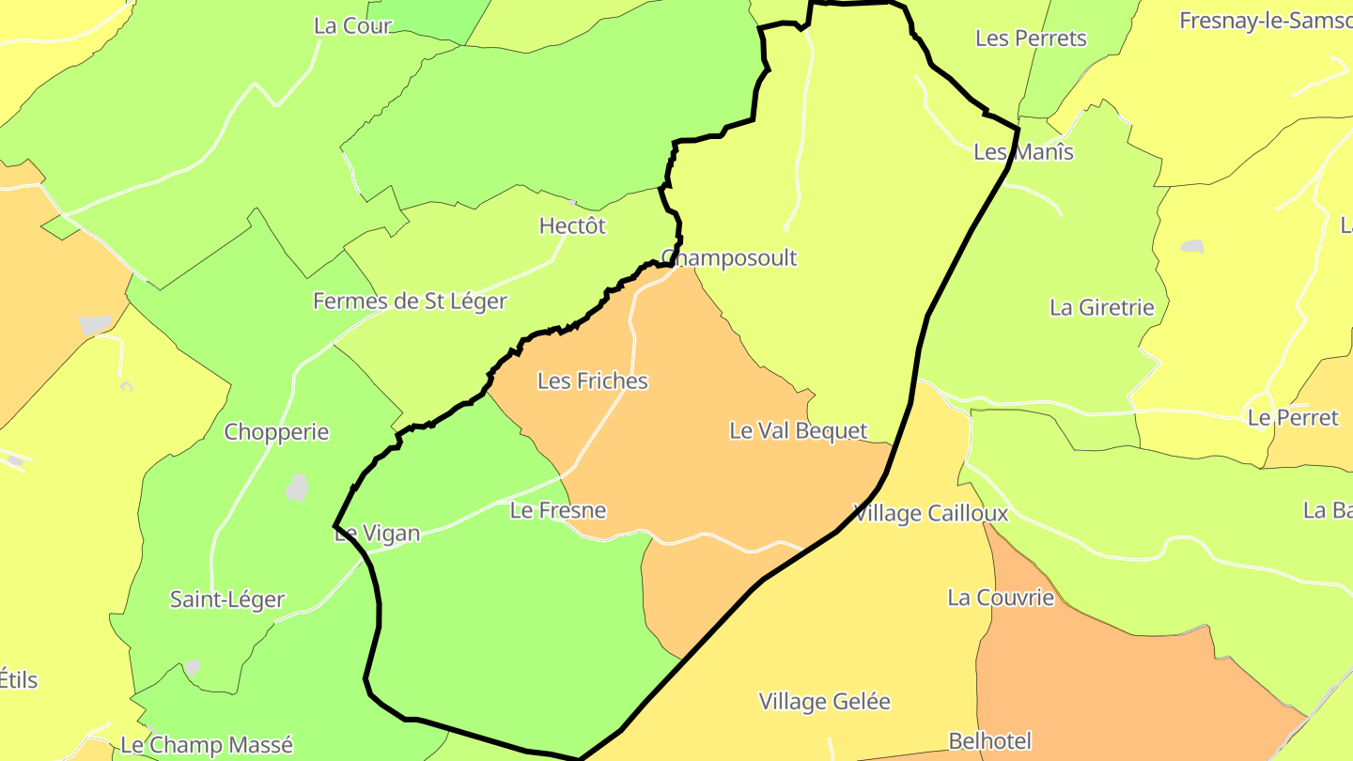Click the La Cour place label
click(352, 26)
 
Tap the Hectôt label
click(572, 226)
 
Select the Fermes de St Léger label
click(410, 302)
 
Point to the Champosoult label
click(729, 258)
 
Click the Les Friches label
click(593, 381)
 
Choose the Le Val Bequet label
click(799, 431)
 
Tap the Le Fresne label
click(558, 511)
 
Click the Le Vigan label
click(377, 535)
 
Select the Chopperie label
click(276, 432)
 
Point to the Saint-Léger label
click(227, 599)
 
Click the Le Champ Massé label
click(207, 746)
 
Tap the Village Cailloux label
click(930, 514)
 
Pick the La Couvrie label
click(1001, 598)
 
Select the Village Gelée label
click(824, 702)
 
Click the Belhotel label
click(990, 741)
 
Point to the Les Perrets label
click(1031, 39)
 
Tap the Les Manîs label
click(1023, 152)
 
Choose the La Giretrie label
click(1101, 307)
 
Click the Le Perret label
click(1293, 418)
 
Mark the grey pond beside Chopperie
click(298, 488)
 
